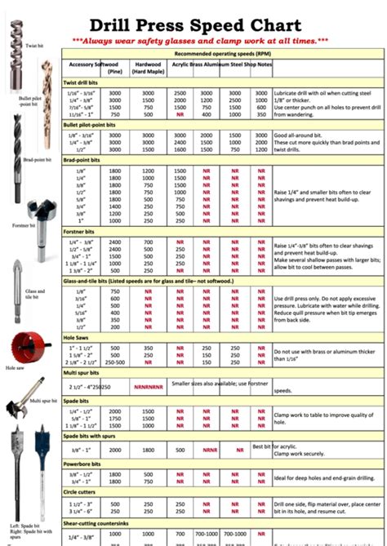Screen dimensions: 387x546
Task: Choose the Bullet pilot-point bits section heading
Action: (x=96, y=124)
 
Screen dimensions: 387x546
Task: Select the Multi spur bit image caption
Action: (x=46, y=402)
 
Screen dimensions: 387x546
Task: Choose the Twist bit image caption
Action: (x=34, y=46)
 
